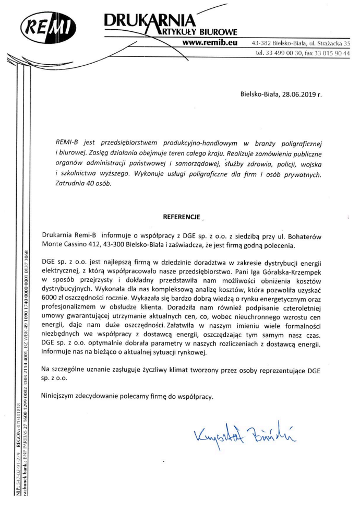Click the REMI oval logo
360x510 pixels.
click(x=46, y=28)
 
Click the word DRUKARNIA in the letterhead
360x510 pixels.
click(x=149, y=20)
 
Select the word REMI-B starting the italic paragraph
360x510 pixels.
click(x=67, y=143)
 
